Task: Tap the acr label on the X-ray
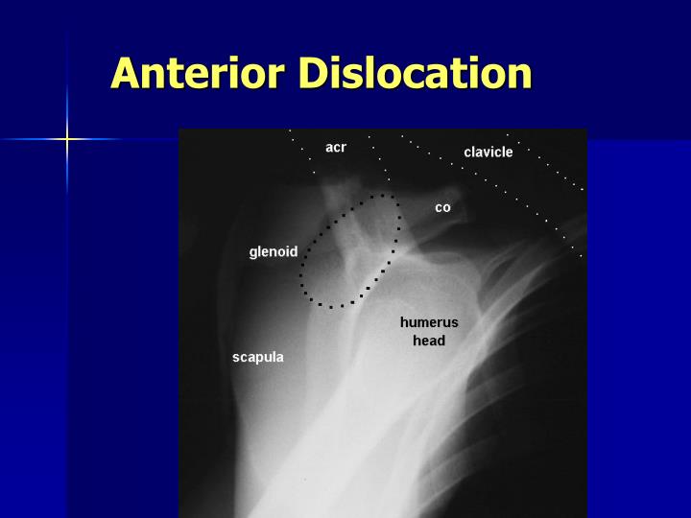[x=336, y=147]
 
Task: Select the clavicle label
[x=488, y=153]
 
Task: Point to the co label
[x=442, y=207]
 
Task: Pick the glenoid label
[x=274, y=252]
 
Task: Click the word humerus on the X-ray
[x=429, y=322]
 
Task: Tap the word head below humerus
[x=429, y=341]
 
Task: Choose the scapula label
[x=258, y=358]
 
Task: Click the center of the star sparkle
[x=67, y=139]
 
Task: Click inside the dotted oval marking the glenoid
[x=350, y=251]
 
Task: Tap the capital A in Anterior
[x=127, y=73]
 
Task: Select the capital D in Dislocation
[x=317, y=73]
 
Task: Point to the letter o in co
[x=446, y=208]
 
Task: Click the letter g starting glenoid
[x=253, y=253]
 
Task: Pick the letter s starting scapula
[x=236, y=359]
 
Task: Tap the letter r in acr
[x=344, y=148]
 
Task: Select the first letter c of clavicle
[x=467, y=153]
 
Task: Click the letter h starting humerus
[x=404, y=322]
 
